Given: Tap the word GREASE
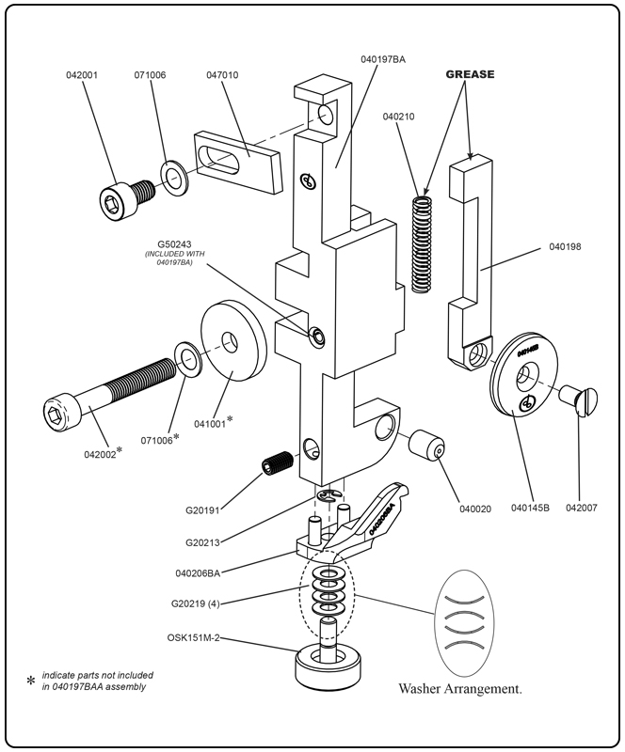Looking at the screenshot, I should point(469,73).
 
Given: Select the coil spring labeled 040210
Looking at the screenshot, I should point(425,243).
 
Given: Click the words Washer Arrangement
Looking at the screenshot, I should point(460,688).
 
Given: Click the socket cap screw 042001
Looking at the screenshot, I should point(125,196).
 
